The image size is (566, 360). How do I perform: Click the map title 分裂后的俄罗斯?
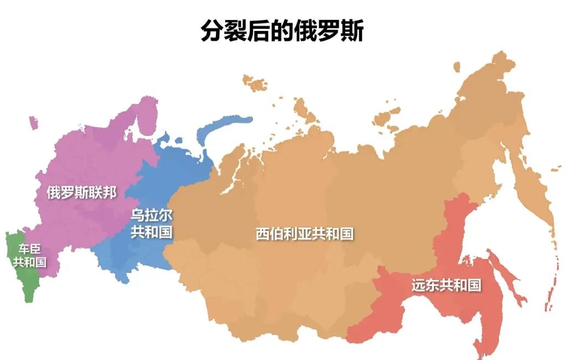(x=282, y=31)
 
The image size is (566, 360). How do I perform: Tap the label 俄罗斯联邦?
(x=81, y=193)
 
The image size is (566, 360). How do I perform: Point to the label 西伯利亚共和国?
(x=304, y=234)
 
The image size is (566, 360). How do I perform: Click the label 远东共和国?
(x=446, y=286)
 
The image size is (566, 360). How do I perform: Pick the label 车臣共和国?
(x=29, y=255)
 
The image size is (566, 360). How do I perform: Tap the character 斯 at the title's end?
(x=352, y=31)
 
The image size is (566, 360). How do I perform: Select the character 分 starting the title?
(x=212, y=31)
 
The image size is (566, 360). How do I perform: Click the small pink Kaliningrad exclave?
(x=33, y=122)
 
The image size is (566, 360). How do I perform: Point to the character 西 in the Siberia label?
(x=262, y=234)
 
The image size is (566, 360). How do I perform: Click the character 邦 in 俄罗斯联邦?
(x=110, y=193)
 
